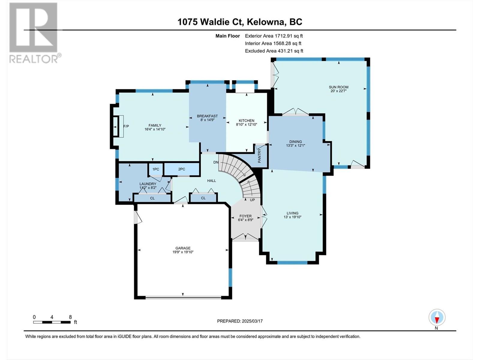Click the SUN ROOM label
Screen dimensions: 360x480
point(338,87)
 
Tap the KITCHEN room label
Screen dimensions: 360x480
point(246,121)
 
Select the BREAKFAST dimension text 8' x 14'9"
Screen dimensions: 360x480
point(207,120)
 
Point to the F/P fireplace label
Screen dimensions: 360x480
point(126,126)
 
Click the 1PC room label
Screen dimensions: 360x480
point(156,169)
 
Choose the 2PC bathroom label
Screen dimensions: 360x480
point(181,169)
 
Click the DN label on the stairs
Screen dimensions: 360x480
point(216,162)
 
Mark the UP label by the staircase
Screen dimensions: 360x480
point(252,200)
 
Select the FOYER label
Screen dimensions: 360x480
point(245,216)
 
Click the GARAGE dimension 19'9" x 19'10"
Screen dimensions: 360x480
point(183,252)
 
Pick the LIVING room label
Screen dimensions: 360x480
point(292,213)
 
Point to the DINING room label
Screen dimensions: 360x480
point(295,142)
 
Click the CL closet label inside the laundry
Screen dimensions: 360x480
point(152,198)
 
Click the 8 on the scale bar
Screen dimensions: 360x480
point(70,317)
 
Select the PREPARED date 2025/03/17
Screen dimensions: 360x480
point(252,321)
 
